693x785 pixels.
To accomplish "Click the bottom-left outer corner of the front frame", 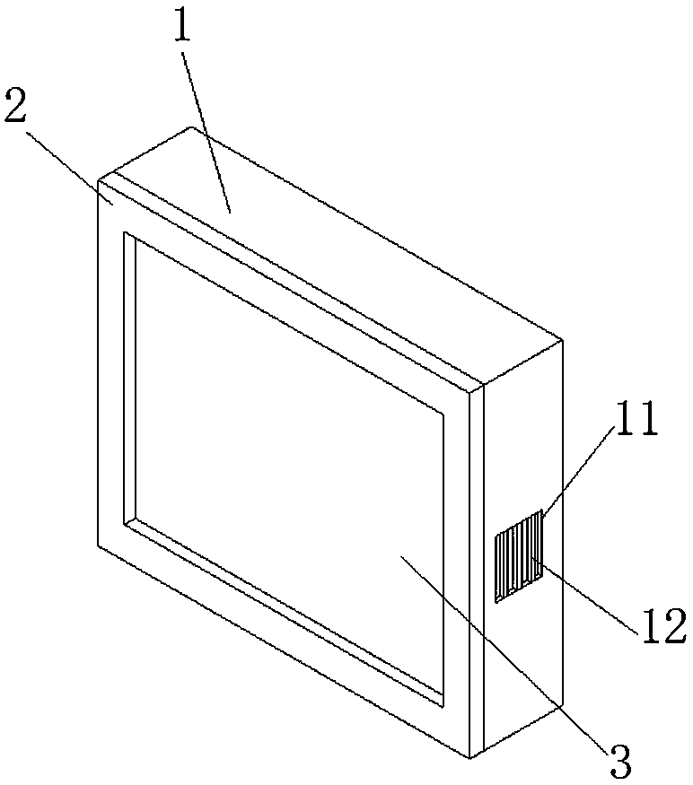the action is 97,544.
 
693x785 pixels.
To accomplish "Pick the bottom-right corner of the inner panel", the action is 444,702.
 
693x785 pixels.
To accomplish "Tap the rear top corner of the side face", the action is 563,341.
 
